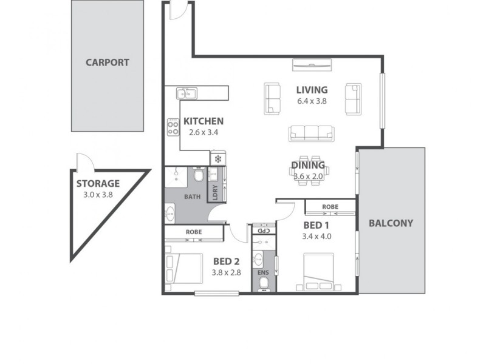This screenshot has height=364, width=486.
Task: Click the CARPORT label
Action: [107, 62]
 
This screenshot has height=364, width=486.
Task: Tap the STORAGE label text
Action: [98, 184]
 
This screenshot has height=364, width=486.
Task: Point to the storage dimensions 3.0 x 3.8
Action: [98, 195]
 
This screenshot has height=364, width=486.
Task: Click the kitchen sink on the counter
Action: [187, 93]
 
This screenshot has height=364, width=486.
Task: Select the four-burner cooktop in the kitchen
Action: [173, 126]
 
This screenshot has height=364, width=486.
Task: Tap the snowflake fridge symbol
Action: [217, 159]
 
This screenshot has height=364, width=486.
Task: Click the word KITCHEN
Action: [204, 121]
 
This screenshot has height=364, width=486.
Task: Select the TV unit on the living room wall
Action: [312, 64]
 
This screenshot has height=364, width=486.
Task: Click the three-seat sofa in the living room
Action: [311, 133]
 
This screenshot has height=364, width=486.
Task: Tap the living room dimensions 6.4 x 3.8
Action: [312, 101]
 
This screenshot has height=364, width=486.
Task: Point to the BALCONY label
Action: [391, 223]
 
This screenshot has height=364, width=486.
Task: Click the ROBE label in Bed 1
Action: [330, 207]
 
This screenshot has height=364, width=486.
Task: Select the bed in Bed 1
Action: [319, 272]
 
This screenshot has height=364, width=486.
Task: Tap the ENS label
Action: [262, 272]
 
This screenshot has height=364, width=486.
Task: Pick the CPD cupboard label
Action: [263, 231]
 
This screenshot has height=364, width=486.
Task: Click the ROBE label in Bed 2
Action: [194, 232]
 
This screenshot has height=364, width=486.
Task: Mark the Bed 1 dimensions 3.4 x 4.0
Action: [317, 237]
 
